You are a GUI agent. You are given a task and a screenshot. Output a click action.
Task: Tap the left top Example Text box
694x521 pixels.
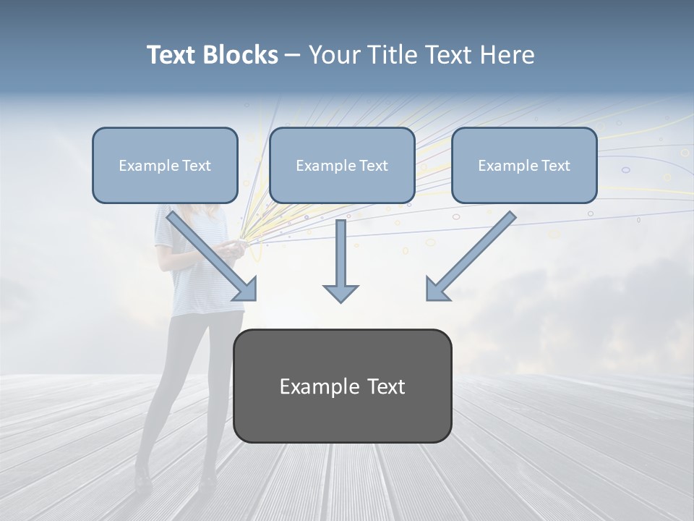tap(165, 165)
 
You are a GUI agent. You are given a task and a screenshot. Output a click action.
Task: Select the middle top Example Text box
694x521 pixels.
tap(342, 165)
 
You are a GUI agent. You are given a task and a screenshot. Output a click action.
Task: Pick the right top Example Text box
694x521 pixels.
tap(524, 165)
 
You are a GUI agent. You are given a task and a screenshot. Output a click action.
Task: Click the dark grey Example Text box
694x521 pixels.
tap(342, 386)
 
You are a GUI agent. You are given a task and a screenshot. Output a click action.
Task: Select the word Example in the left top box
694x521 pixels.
tap(145, 166)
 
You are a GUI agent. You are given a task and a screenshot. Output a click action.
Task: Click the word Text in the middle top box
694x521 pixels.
tap(372, 166)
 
